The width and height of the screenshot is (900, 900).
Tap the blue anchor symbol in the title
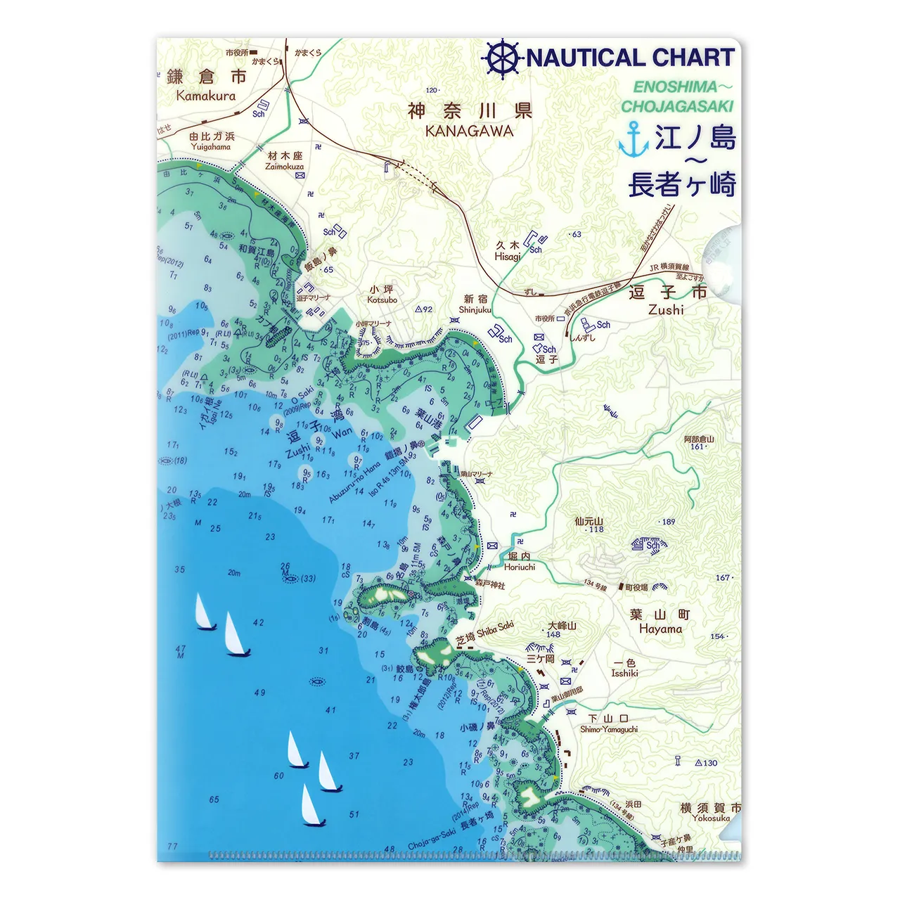[634, 139]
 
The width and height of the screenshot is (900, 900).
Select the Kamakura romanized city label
[206, 96]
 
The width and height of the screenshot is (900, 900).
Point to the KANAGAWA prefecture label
[469, 131]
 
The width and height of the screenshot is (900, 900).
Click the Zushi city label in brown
[666, 309]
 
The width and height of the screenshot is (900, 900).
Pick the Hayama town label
[660, 629]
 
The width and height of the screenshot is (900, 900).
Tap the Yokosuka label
[710, 818]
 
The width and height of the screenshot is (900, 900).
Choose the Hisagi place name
[508, 257]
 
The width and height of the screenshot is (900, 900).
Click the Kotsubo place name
[382, 300]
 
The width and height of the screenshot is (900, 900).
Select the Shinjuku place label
[475, 309]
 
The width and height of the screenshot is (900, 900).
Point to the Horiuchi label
[520, 567]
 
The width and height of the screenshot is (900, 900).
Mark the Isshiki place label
[624, 673]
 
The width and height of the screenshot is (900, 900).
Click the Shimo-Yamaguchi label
[609, 729]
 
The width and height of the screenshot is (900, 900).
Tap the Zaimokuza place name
[285, 167]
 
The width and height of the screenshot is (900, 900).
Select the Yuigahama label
[211, 147]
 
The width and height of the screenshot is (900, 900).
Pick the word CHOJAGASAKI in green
[677, 106]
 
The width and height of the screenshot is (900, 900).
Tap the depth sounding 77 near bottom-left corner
[173, 847]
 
